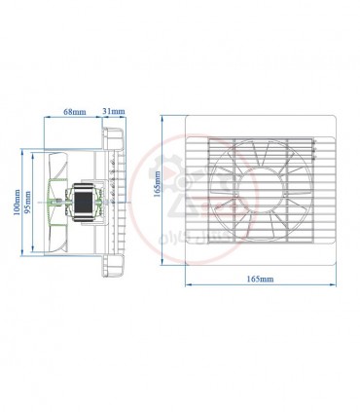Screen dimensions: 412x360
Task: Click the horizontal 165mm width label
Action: click(x=261, y=279)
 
